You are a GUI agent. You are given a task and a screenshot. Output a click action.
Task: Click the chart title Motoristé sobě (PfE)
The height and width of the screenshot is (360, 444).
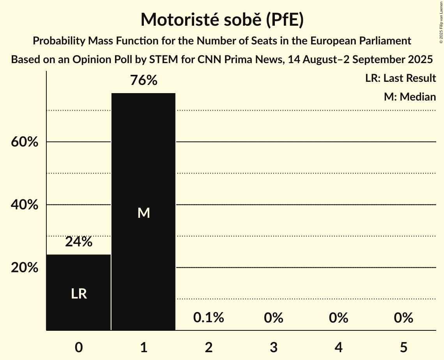pyautogui.click(x=222, y=19)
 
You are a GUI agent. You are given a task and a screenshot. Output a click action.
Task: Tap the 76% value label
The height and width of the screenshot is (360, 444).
pyautogui.click(x=143, y=81)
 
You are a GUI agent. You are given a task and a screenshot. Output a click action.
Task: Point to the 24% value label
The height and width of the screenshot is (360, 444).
pyautogui.click(x=79, y=242)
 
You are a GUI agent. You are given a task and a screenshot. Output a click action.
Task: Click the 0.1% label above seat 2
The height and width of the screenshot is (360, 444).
pyautogui.click(x=209, y=318)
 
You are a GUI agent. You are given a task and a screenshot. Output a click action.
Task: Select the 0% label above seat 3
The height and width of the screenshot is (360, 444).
pyautogui.click(x=273, y=318)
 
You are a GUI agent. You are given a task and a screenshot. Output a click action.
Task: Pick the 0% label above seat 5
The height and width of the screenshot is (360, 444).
pyautogui.click(x=403, y=318)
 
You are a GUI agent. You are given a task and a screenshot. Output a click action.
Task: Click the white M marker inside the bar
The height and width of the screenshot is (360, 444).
pyautogui.click(x=143, y=213)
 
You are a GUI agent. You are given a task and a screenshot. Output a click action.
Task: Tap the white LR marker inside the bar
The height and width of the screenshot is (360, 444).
pyautogui.click(x=79, y=294)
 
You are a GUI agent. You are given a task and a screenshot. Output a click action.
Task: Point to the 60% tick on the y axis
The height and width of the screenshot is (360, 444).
pyautogui.click(x=24, y=142)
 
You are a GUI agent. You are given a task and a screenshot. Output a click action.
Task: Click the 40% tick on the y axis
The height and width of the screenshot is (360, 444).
pyautogui.click(x=24, y=205)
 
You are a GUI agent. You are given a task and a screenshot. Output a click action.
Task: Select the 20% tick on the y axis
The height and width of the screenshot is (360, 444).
pyautogui.click(x=24, y=268)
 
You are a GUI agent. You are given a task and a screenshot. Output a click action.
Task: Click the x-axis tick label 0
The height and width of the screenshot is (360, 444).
pyautogui.click(x=79, y=347)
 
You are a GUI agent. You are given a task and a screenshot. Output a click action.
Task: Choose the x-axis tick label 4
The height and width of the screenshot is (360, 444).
pyautogui.click(x=338, y=347)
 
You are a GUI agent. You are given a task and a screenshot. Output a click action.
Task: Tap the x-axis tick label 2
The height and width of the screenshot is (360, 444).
pyautogui.click(x=209, y=347)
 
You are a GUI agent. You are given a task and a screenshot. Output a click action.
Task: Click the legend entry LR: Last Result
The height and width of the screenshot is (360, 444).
pyautogui.click(x=400, y=78)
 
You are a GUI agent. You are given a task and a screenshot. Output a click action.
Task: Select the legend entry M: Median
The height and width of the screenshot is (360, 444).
pyautogui.click(x=410, y=97)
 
